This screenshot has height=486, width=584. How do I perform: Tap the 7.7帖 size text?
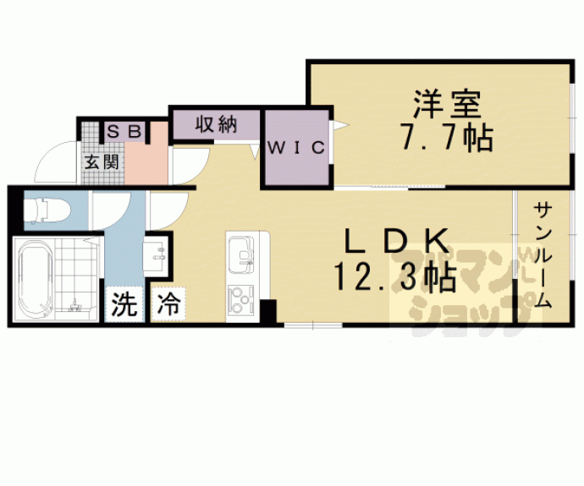coord(446,137)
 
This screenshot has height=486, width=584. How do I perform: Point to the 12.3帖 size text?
coord(394,276)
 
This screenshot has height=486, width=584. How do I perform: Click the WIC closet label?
coord(296,148)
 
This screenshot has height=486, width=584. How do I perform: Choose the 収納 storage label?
coord(216,125)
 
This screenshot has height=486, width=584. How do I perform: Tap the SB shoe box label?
coord(126,132)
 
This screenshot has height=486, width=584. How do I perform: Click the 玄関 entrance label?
coord(101,161)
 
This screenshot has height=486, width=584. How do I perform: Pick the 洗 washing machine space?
coord(124,304)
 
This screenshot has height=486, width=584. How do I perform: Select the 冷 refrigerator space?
coord(168,304)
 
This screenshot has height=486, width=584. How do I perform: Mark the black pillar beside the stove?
coord(267,312)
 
